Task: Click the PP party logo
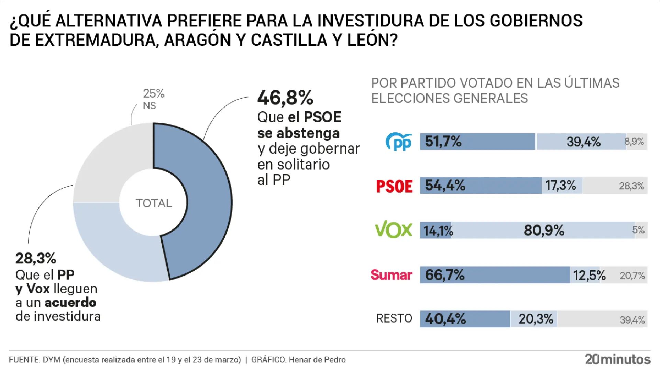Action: pos(399,142)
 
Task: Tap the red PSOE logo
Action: pos(394,186)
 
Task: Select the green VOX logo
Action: pos(394,230)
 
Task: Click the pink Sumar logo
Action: pos(391,275)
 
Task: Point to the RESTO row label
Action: pos(394,318)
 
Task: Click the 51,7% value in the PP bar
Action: pos(443,142)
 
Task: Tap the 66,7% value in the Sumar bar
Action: pos(444,275)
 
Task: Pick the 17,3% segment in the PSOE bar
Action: pos(561,185)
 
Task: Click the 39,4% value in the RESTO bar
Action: pos(632,320)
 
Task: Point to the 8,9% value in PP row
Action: pos(634,142)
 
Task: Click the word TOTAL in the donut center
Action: pos(154,203)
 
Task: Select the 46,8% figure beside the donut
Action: pos(285,98)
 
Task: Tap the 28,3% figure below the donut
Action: pos(36,258)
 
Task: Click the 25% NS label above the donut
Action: pos(153,99)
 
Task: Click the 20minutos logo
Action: pos(618,359)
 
